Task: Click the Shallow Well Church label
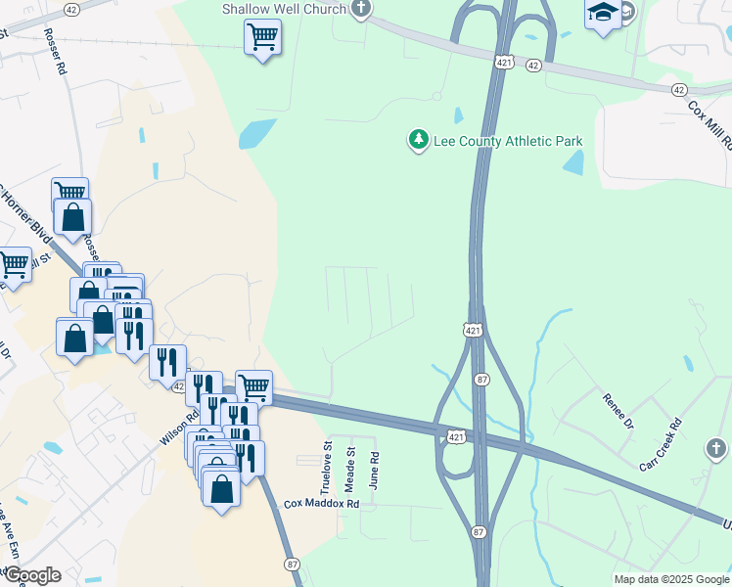[x=284, y=9]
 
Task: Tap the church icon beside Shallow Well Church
[x=361, y=10]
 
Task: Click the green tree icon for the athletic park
[x=419, y=141]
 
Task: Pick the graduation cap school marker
[x=602, y=14]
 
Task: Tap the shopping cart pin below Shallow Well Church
[x=261, y=37]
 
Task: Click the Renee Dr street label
[x=620, y=410]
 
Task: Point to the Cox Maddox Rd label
[x=322, y=504]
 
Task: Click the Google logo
[x=31, y=575]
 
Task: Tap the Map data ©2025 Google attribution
[x=671, y=579]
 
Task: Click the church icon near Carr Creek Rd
[x=716, y=449]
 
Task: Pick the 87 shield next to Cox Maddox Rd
[x=293, y=564]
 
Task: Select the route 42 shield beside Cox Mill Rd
[x=679, y=89]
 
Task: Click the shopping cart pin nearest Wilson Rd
[x=253, y=386]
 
